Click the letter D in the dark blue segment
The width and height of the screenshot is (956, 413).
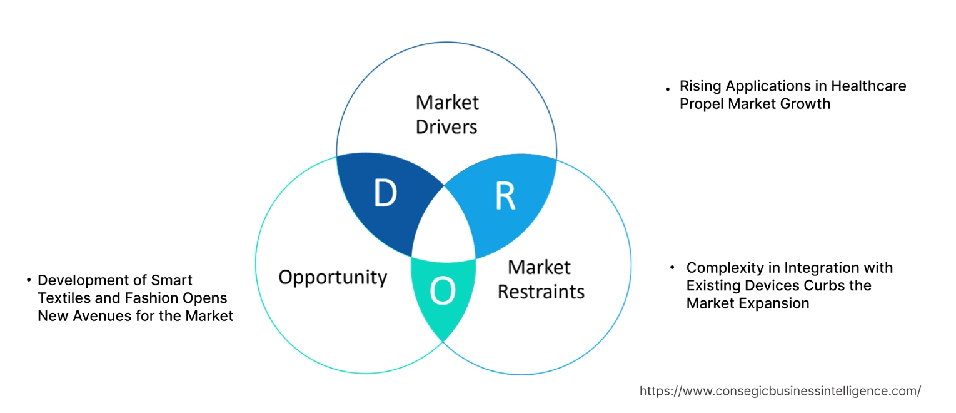(x=385, y=193)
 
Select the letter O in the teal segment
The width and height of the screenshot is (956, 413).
(x=443, y=292)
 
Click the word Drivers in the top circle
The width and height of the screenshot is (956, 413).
(x=446, y=126)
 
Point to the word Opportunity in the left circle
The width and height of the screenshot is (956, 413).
(x=333, y=277)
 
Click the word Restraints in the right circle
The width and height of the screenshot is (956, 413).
(x=541, y=291)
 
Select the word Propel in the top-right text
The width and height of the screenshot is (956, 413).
(x=702, y=104)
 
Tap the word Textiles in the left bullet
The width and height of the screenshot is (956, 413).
(x=63, y=298)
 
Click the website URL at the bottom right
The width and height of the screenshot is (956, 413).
(x=780, y=391)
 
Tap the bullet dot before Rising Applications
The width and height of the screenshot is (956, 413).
(x=668, y=89)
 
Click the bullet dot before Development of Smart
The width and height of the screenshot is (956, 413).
(x=29, y=280)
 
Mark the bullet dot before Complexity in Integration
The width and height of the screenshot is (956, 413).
(x=673, y=268)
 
